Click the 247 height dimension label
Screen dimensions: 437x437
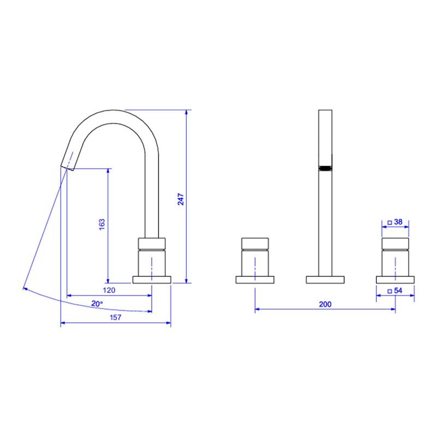(181, 199)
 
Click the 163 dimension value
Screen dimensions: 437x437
(102, 225)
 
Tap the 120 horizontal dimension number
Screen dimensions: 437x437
(109, 290)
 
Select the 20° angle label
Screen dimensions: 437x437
(97, 304)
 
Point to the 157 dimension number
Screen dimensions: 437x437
(115, 317)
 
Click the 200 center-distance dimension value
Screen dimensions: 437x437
(325, 304)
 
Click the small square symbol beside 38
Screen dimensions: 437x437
(390, 222)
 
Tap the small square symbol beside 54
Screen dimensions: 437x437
(390, 291)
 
